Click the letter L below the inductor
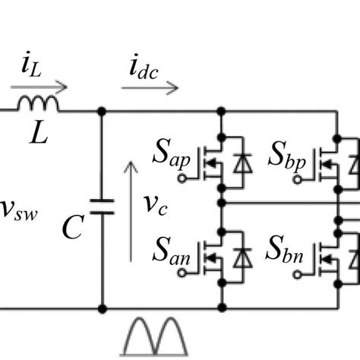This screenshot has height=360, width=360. click(37, 134)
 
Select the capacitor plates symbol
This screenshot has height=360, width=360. click(101, 207)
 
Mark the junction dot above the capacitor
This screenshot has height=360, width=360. click(101, 111)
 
